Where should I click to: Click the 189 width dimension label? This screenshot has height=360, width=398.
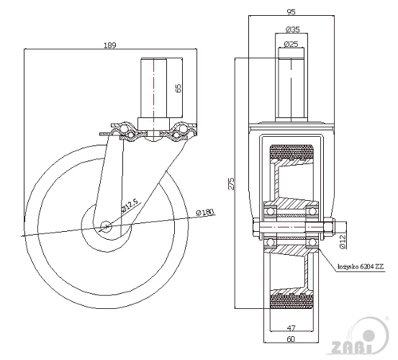point(110,45)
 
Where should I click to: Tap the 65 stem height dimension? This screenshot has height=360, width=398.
point(178,88)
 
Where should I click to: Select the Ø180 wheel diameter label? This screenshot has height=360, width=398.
point(205,212)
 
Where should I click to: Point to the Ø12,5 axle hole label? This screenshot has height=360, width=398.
point(130,206)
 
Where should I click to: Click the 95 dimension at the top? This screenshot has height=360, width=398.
point(291,12)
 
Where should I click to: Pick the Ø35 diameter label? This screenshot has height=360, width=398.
point(293,30)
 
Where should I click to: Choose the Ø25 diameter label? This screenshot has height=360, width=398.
point(291,44)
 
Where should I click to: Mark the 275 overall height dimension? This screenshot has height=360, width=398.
point(231,184)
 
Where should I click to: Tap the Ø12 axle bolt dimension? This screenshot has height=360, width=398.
point(343,241)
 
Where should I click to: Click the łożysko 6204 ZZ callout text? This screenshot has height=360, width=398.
point(361,266)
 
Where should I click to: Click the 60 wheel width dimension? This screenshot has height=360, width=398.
point(291,339)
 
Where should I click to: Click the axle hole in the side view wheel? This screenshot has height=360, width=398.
point(106,226)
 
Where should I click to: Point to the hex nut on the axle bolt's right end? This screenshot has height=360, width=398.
point(329,227)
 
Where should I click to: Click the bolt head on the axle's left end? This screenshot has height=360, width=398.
point(255,227)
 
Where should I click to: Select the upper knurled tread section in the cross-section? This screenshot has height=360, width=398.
point(291,152)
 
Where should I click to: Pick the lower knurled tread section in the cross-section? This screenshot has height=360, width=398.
point(291,302)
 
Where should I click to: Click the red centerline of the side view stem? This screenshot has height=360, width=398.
point(153,99)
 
